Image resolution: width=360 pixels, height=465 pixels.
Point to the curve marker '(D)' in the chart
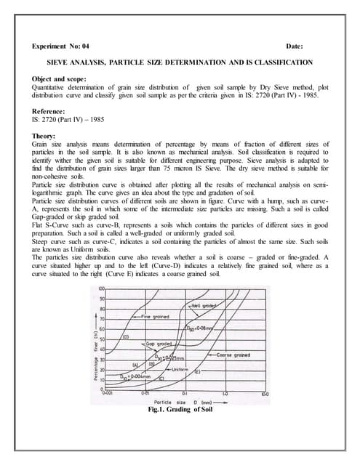(125, 336)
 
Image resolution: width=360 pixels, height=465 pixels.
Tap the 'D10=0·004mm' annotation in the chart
(125, 377)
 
